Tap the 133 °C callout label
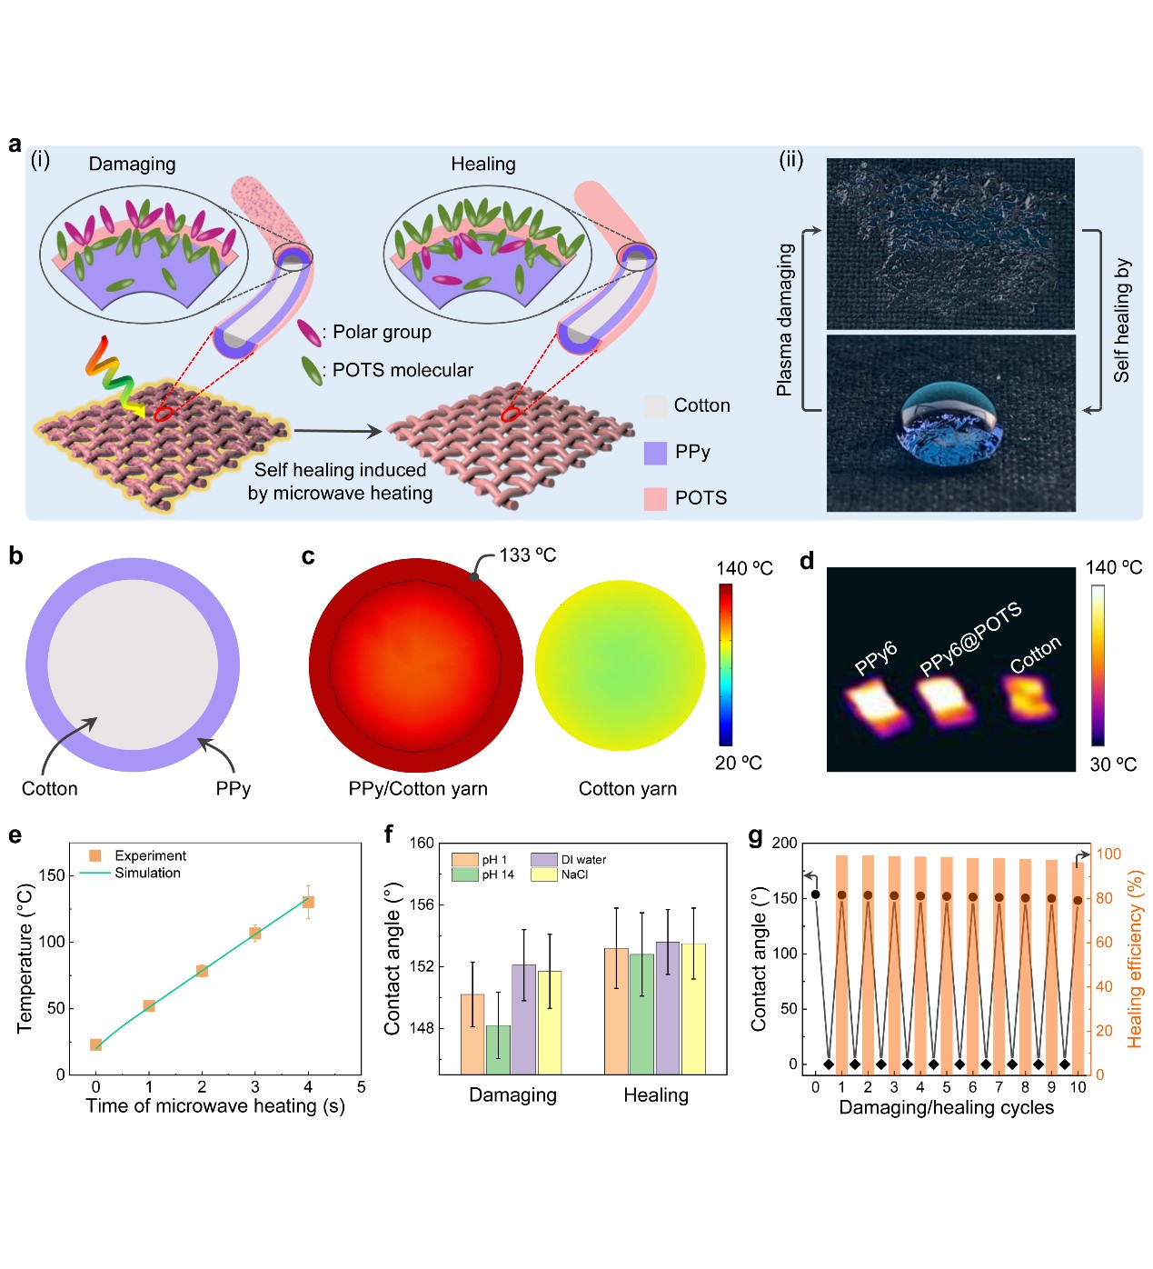point(527,555)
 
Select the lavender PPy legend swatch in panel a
point(655,453)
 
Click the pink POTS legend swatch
point(655,498)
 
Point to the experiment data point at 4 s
point(308,902)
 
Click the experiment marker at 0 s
point(96,1044)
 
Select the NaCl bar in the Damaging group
point(550,1022)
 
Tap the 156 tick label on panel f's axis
point(422,904)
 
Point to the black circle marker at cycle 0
point(815,894)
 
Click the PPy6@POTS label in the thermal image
point(969,638)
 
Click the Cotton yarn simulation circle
point(620,665)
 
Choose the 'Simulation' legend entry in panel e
point(147,873)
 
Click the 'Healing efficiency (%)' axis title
point(1135,959)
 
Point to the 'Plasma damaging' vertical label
point(784,320)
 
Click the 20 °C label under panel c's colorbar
point(738,763)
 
